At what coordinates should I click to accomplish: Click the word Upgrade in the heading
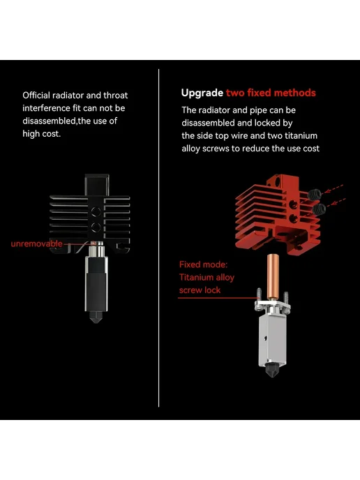point(202,93)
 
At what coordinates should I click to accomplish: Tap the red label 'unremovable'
point(36,243)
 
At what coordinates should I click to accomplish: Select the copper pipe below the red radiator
point(273,276)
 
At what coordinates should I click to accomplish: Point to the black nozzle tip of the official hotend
point(96,317)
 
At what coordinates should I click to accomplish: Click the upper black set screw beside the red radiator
point(315,194)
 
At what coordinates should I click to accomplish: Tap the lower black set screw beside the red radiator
point(319,209)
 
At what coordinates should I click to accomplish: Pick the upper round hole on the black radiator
point(96,211)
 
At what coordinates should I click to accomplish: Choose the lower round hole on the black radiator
point(96,227)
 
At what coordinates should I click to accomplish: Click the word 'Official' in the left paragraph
point(36,95)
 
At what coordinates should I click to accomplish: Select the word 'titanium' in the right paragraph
point(301,135)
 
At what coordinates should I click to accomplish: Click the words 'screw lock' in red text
point(200,290)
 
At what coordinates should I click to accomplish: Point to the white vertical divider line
point(158,238)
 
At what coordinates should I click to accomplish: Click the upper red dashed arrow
point(333,189)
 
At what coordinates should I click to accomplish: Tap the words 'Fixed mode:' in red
point(203,264)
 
